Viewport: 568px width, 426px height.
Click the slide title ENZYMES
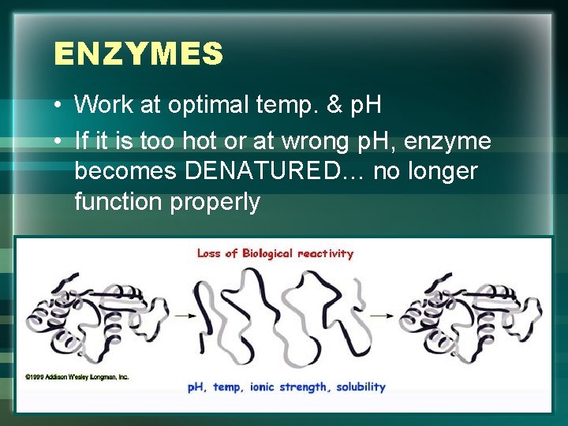139,54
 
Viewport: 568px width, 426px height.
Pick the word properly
215,202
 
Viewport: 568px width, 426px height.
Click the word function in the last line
118,202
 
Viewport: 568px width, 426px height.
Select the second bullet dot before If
59,143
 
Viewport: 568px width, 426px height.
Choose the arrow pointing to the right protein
380,315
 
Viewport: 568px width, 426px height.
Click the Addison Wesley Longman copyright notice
77,376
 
